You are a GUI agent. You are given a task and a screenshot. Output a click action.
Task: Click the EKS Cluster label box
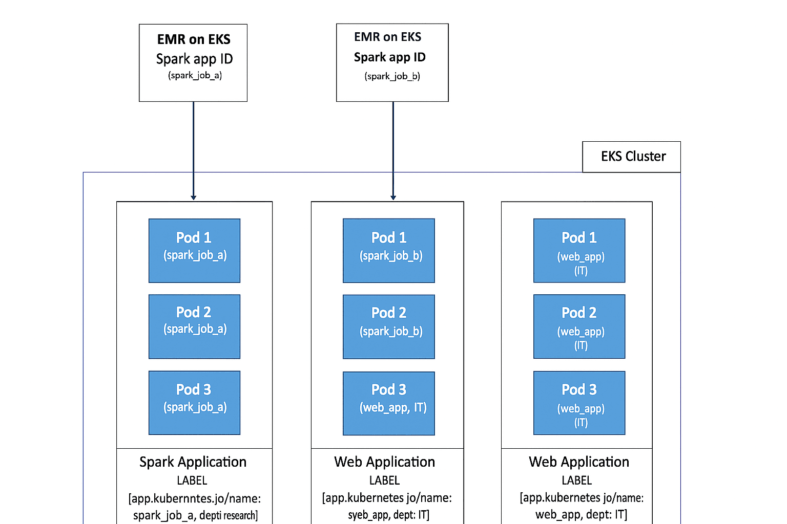point(631,157)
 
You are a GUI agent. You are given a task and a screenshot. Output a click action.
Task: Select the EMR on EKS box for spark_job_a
point(193,62)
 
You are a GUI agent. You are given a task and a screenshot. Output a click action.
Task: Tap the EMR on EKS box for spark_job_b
point(392,62)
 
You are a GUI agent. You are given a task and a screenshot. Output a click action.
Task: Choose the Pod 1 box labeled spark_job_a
point(194,251)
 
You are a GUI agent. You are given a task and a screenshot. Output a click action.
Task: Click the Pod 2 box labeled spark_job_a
point(194,326)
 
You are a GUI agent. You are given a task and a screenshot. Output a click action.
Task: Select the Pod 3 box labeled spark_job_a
point(194,403)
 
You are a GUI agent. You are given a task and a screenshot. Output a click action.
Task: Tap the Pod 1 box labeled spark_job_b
point(388,251)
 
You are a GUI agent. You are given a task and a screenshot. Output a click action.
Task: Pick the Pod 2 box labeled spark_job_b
point(388,326)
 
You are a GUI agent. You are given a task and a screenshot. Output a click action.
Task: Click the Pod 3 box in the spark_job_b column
point(388,403)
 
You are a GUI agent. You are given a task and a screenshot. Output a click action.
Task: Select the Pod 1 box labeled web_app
point(579,251)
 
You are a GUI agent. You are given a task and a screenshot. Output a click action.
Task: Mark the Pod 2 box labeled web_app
point(579,326)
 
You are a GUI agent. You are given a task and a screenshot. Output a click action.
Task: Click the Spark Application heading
point(193,462)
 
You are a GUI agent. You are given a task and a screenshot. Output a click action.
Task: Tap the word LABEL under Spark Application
point(192,481)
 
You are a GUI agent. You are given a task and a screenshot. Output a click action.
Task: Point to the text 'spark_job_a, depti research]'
point(195,515)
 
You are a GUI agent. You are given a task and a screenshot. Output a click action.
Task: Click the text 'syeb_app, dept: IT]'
point(388,515)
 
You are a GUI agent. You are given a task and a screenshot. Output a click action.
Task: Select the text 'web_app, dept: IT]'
point(581,514)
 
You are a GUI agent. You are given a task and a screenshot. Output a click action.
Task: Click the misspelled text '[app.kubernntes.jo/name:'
point(195,498)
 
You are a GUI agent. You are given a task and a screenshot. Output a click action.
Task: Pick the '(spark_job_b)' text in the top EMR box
point(392,76)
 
